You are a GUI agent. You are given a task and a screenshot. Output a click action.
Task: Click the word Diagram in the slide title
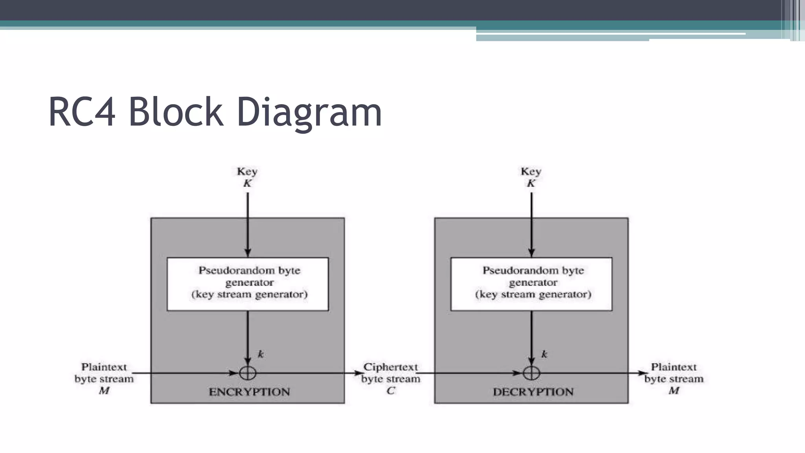point(309,113)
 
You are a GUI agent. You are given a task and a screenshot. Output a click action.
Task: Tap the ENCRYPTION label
point(249,392)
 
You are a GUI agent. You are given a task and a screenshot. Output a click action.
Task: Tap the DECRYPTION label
point(533,392)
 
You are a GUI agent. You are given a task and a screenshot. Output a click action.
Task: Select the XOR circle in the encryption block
point(248,373)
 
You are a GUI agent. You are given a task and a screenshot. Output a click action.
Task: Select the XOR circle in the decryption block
point(531,373)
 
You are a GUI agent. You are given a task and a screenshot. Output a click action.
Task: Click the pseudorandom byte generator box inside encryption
point(248,284)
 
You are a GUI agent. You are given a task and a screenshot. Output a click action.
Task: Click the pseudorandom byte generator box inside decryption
point(531,284)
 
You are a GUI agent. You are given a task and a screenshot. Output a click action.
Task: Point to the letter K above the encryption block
point(247,183)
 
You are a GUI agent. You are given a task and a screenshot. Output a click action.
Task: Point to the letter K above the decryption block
point(531,183)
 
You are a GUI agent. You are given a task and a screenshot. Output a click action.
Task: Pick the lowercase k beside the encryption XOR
point(261,354)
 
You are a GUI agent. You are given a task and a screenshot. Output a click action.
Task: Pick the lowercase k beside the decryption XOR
point(544,354)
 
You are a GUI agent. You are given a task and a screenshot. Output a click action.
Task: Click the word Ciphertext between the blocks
point(390,367)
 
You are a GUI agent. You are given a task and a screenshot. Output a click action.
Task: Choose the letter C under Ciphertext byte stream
point(390,390)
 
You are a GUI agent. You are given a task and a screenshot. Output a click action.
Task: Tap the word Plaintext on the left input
point(104,367)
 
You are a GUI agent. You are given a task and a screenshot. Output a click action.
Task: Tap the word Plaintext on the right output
point(674,367)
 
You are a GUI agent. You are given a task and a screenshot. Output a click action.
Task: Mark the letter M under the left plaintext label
point(104,390)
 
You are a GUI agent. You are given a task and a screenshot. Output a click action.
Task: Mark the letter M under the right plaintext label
point(674,390)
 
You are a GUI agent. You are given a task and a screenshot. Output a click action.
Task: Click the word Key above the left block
point(247,171)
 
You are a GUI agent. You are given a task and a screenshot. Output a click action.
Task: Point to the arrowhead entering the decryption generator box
point(531,252)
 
